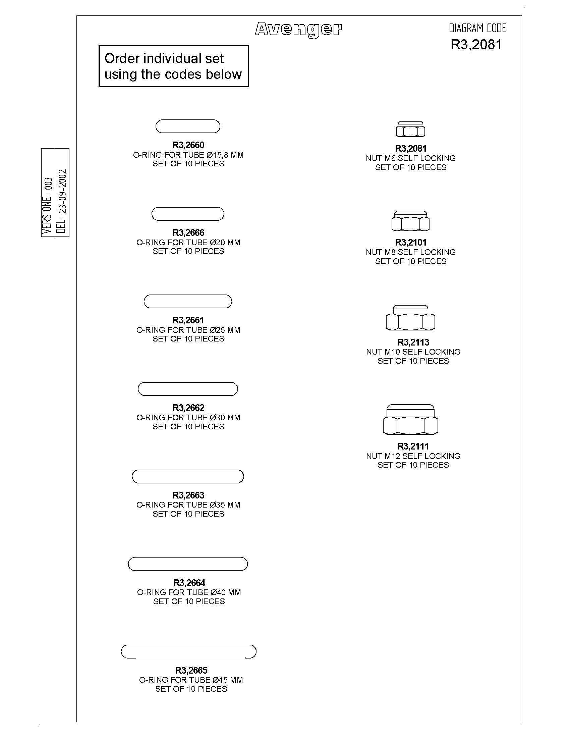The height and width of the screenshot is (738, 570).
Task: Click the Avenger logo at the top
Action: (298, 30)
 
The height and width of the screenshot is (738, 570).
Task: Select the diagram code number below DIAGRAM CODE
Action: (476, 45)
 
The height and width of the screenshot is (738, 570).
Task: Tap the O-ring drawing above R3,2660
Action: (188, 120)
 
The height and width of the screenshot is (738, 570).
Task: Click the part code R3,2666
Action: (188, 232)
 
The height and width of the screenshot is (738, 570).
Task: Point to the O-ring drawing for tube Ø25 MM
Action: (188, 295)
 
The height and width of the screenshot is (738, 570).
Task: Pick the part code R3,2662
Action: (188, 408)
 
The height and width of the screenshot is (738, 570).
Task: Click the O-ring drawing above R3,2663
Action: (188, 470)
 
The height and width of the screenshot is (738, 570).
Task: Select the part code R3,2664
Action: (189, 583)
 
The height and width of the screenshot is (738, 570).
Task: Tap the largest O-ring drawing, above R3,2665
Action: (188, 645)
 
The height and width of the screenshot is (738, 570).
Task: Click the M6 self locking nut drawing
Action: (410, 129)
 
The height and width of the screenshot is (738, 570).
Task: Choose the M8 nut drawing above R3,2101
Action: (410, 221)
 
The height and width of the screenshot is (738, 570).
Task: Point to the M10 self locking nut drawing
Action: (410, 318)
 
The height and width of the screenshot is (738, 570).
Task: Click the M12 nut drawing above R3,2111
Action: (410, 419)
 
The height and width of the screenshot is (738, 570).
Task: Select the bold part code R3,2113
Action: (413, 342)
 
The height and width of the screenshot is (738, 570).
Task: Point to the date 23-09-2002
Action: (62, 191)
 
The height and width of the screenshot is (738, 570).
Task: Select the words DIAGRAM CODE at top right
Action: (477, 29)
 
